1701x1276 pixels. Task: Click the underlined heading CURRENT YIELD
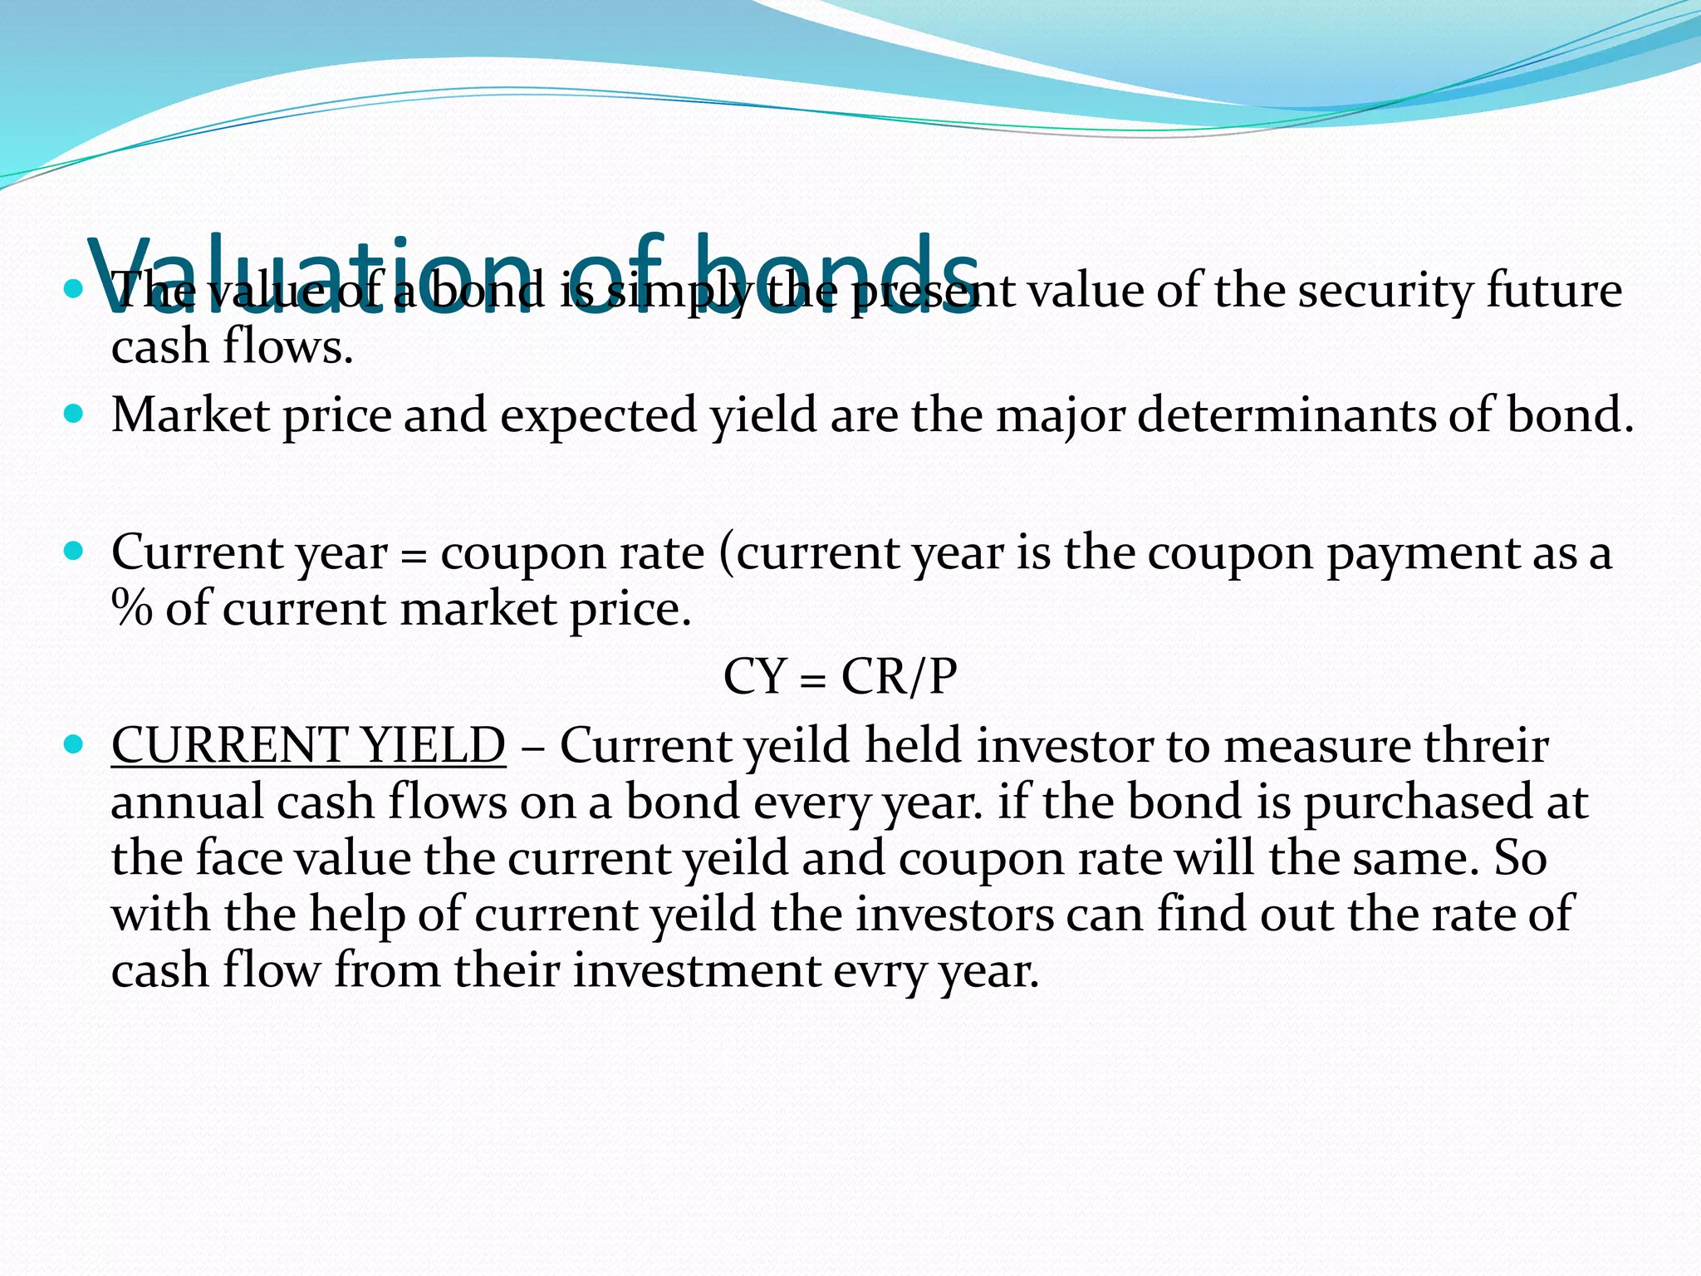click(x=308, y=745)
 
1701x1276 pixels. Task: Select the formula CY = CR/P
click(x=840, y=677)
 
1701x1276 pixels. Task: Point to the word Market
click(x=190, y=415)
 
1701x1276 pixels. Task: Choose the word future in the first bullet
click(x=1553, y=292)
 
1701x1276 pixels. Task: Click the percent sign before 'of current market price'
click(x=132, y=609)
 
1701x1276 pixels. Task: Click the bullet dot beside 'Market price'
click(x=74, y=413)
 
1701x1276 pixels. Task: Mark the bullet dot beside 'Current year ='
click(x=74, y=551)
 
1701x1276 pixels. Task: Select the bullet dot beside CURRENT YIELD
click(x=74, y=744)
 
